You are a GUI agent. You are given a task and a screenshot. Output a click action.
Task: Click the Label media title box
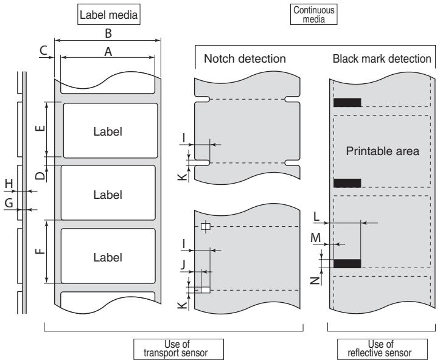click(108, 15)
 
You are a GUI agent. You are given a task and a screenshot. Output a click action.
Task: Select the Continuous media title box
click(313, 15)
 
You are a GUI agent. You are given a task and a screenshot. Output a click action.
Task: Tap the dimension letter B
click(108, 33)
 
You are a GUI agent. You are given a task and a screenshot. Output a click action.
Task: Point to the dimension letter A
click(108, 52)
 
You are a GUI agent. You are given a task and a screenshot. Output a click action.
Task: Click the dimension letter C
click(43, 50)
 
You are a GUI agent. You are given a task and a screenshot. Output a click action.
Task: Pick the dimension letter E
click(40, 128)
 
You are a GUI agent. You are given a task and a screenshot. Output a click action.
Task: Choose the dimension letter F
click(40, 251)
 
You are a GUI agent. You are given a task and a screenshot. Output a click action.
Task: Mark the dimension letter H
click(9, 184)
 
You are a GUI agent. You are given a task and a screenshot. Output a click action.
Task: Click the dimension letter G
click(9, 202)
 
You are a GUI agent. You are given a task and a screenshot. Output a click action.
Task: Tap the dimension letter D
click(40, 176)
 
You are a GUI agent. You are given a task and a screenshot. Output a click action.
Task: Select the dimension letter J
click(183, 264)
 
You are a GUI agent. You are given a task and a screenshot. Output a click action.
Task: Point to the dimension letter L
click(316, 216)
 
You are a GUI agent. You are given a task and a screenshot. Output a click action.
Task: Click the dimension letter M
click(316, 238)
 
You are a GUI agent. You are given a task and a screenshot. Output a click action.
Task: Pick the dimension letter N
click(316, 280)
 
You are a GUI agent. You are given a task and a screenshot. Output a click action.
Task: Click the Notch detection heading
click(245, 58)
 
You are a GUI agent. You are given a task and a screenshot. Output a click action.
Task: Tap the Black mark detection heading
click(382, 58)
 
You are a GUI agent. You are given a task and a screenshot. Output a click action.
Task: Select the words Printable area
click(382, 151)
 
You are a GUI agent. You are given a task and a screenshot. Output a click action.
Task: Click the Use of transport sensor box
click(178, 349)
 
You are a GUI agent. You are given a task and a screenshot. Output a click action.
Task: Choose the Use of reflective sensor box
click(382, 349)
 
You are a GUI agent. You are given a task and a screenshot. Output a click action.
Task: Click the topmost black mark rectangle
click(347, 102)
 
